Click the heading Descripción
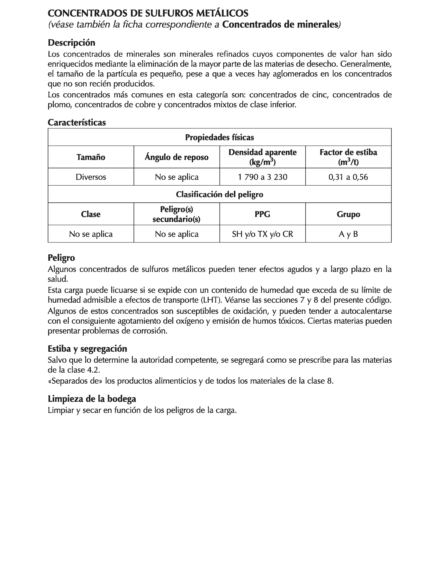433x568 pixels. pyautogui.click(x=71, y=43)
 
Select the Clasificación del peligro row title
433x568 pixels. pyautogui.click(x=219, y=194)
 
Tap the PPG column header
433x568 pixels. pyautogui.click(x=262, y=214)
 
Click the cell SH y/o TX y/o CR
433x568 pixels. pyautogui.click(x=262, y=234)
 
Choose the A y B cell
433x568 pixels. pyautogui.click(x=348, y=234)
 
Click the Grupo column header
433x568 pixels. pyautogui.click(x=348, y=214)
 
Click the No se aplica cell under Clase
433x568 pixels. pyautogui.click(x=91, y=234)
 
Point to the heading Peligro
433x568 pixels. pyautogui.click(x=61, y=258)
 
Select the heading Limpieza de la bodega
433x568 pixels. pyautogui.click(x=92, y=399)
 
